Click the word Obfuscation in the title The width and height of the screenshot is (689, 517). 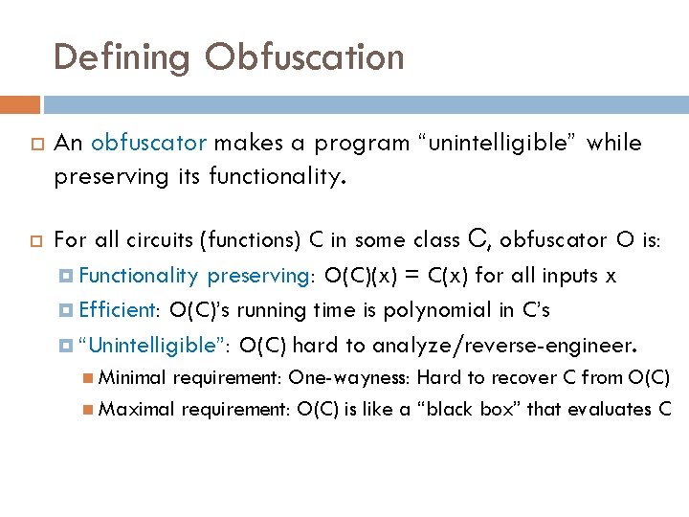pyautogui.click(x=304, y=57)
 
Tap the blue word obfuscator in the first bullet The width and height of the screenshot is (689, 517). pyautogui.click(x=149, y=144)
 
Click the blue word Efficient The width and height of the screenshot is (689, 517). pyautogui.click(x=118, y=310)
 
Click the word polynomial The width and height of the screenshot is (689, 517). pyautogui.click(x=442, y=310)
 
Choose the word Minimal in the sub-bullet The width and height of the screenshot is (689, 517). pyautogui.click(x=131, y=377)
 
